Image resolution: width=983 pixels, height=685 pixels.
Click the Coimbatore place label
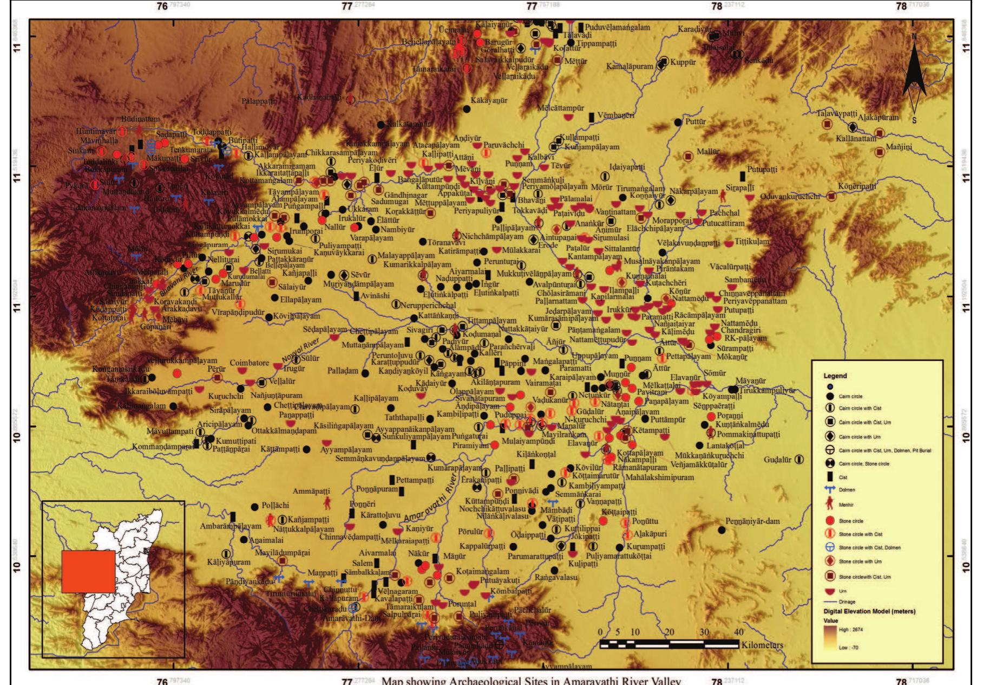pyautogui.click(x=250, y=363)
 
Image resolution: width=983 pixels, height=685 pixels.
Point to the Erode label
pyautogui.click(x=547, y=245)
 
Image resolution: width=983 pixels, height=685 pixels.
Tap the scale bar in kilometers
pyautogui.click(x=669, y=643)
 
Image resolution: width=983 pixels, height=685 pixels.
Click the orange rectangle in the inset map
pyautogui.click(x=88, y=571)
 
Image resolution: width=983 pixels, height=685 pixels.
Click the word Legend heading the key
pyautogui.click(x=835, y=376)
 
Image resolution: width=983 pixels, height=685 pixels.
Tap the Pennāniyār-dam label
pyautogui.click(x=752, y=521)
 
